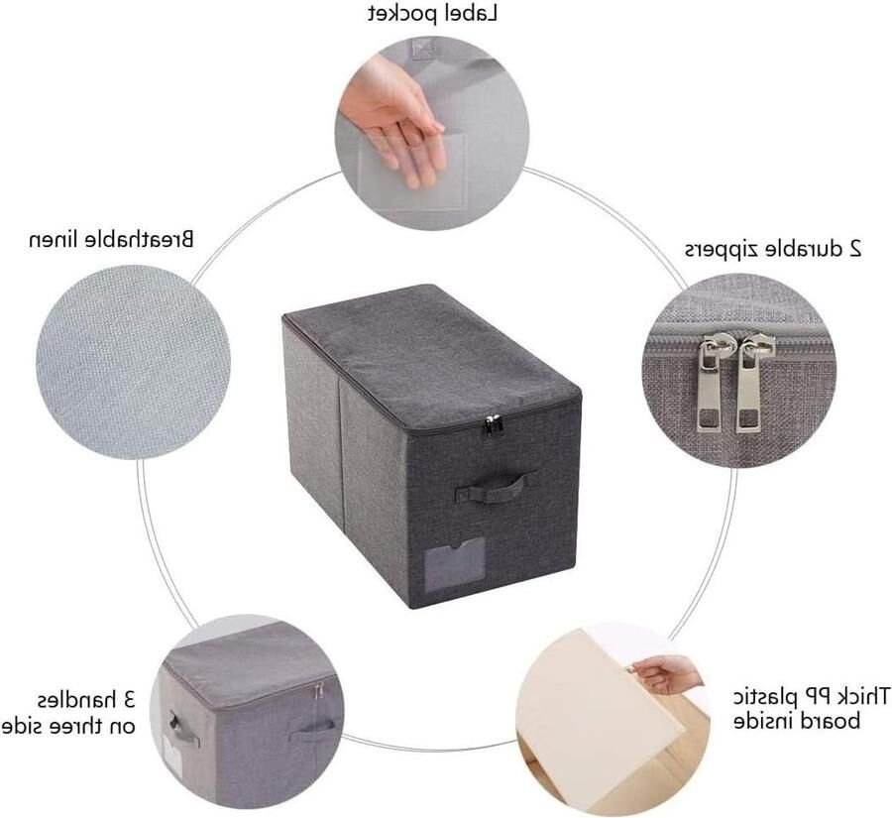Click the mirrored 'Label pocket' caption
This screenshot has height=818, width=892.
point(432,14)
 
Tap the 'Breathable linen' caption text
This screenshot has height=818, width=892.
point(111,239)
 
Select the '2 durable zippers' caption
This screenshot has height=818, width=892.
point(772,249)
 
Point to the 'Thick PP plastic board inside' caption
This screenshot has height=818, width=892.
point(811,708)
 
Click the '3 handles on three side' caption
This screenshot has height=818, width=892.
point(69,712)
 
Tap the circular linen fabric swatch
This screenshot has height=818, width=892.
point(133,362)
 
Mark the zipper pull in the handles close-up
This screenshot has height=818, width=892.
point(318,692)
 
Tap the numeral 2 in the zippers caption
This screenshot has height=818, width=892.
point(854,249)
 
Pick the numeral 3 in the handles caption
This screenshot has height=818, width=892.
point(129,699)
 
